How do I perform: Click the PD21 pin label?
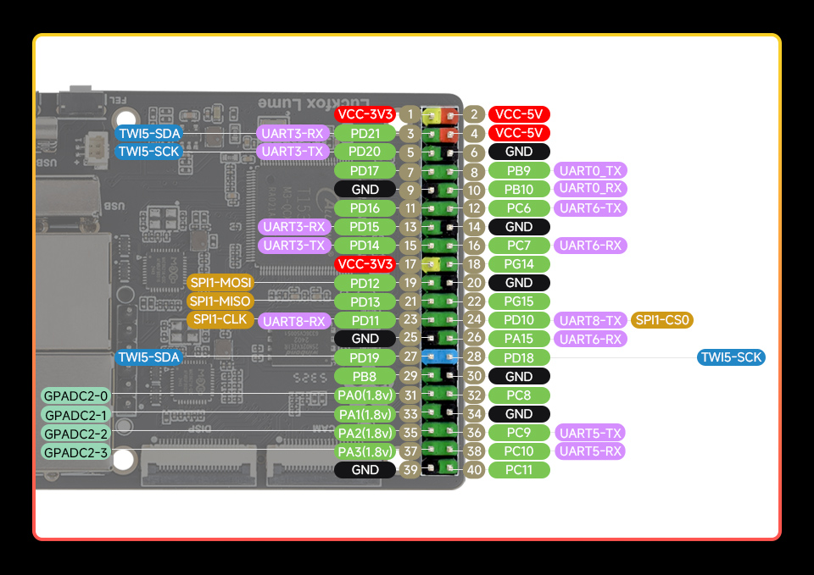[365, 133]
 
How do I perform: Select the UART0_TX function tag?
[590, 171]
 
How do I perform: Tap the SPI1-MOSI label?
[220, 282]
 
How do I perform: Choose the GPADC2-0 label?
[76, 395]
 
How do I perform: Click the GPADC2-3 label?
[76, 452]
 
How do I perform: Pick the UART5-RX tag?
[590, 451]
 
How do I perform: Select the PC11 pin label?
[519, 469]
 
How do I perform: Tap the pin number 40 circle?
[474, 469]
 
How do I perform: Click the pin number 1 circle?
[410, 114]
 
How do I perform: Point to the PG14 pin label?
[519, 264]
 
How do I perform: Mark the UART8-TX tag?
[590, 320]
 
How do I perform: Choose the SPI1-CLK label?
[220, 319]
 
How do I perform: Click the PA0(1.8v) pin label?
[365, 395]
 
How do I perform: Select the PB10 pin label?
[519, 190]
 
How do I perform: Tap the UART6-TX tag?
[590, 208]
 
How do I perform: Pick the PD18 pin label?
[519, 357]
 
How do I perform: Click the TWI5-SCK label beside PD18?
[731, 357]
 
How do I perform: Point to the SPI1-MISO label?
[220, 301]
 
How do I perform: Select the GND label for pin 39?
[365, 470]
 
